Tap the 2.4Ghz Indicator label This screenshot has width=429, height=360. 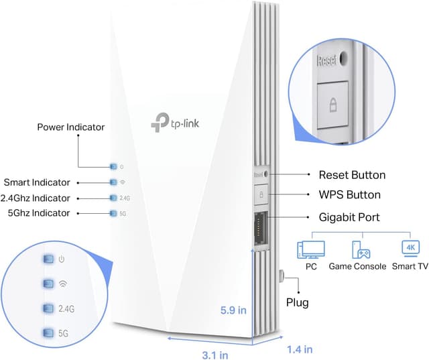pyautogui.click(x=38, y=198)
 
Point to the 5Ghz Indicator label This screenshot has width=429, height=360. pyautogui.click(x=40, y=213)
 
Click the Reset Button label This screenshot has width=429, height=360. pyautogui.click(x=352, y=175)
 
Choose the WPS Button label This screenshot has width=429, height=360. pyautogui.click(x=349, y=195)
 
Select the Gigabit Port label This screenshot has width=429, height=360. pyautogui.click(x=349, y=217)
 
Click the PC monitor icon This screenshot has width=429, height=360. pyautogui.click(x=310, y=249)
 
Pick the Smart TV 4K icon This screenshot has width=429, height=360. pyautogui.click(x=410, y=249)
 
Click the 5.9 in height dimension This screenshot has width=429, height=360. pyautogui.click(x=234, y=310)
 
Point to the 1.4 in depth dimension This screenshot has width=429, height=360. pyautogui.click(x=299, y=349)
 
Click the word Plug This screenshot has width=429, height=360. pyautogui.click(x=297, y=303)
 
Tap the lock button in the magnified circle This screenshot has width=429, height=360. pyautogui.click(x=332, y=105)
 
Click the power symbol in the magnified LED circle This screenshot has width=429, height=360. pyautogui.click(x=61, y=259)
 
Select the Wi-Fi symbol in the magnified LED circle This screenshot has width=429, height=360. pyautogui.click(x=63, y=283)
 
